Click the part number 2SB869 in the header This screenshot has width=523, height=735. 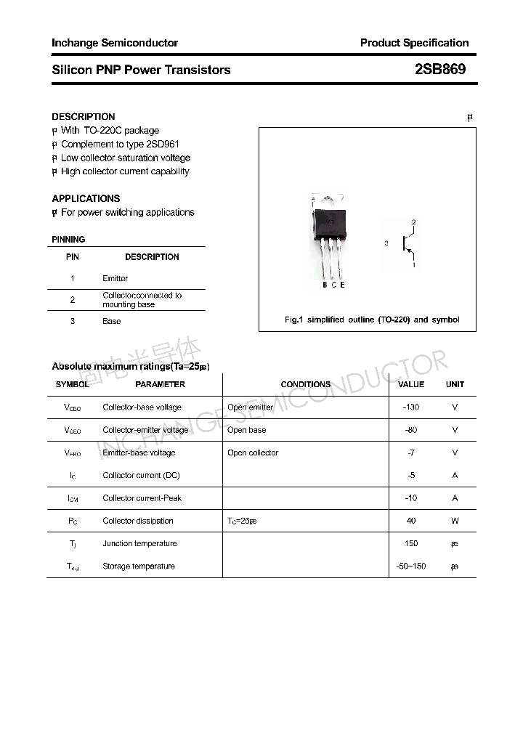[440, 70]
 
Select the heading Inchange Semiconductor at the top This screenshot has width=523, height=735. [115, 43]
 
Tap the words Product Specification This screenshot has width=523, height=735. [414, 43]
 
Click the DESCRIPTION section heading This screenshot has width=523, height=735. [84, 117]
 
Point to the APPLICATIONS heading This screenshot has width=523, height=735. [86, 198]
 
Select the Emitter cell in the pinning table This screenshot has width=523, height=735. [115, 278]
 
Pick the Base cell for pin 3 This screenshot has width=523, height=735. [111, 321]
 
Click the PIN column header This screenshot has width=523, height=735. [73, 257]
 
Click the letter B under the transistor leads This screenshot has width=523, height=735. [325, 285]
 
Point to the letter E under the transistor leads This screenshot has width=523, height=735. [342, 285]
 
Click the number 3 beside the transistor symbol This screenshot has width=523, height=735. [386, 244]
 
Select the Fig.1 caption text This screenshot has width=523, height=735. [370, 320]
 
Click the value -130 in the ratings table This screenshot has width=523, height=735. [411, 407]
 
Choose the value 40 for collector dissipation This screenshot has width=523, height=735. [411, 521]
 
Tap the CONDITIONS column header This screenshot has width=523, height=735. [305, 384]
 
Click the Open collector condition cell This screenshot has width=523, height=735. [253, 452]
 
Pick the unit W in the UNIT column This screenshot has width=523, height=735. [455, 521]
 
